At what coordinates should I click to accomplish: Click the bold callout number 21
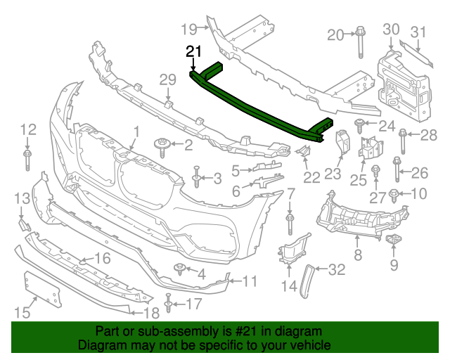click(193, 51)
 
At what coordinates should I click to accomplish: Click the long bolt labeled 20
click(359, 42)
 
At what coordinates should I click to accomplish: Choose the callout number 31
click(419, 32)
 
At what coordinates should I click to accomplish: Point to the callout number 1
click(136, 131)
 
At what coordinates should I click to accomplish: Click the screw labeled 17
click(168, 304)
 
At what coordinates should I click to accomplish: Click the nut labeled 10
click(394, 194)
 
